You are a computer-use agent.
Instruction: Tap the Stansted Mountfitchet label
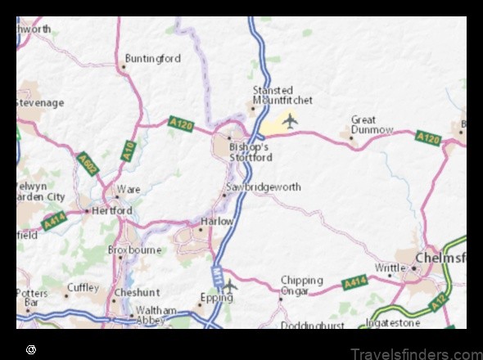(x=282, y=95)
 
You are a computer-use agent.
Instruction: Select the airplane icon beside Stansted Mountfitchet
(x=289, y=121)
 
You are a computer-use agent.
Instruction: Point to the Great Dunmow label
(x=372, y=124)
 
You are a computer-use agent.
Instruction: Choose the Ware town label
(x=129, y=190)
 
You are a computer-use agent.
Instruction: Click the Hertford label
(x=113, y=210)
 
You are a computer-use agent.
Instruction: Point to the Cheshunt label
(x=137, y=291)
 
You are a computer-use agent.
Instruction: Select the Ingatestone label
(x=418, y=323)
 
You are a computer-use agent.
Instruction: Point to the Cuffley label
(x=83, y=288)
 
